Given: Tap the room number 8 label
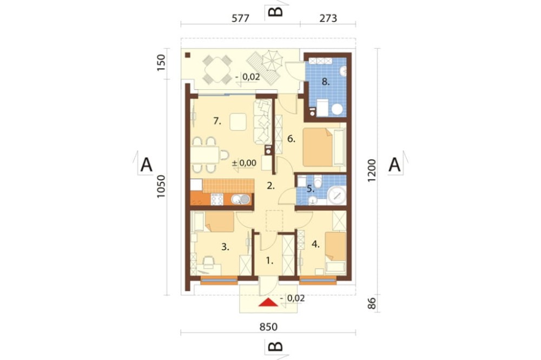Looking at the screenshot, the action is click(326, 82).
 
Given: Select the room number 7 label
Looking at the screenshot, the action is click(217, 121).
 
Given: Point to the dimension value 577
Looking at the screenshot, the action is click(240, 18).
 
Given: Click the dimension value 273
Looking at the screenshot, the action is click(328, 18).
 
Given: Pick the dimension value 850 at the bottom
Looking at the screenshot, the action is click(268, 326).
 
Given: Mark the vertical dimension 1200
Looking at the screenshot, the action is click(371, 171).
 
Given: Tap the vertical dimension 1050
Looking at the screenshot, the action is click(161, 186).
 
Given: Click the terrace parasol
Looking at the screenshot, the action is click(272, 60).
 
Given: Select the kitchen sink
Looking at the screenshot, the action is click(241, 199).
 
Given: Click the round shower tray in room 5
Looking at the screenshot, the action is click(337, 196).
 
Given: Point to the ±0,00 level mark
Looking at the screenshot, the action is click(244, 163).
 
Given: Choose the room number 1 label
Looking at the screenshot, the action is click(269, 261).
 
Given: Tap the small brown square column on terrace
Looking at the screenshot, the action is click(188, 55).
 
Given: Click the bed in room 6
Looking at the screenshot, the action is click(318, 147).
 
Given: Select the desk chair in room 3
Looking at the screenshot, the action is click(209, 262).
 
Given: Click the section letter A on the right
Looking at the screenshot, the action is click(394, 164).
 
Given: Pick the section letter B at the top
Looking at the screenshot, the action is click(276, 12).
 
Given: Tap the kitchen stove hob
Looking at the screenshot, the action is click(217, 199).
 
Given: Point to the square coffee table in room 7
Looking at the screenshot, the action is click(238, 122).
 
